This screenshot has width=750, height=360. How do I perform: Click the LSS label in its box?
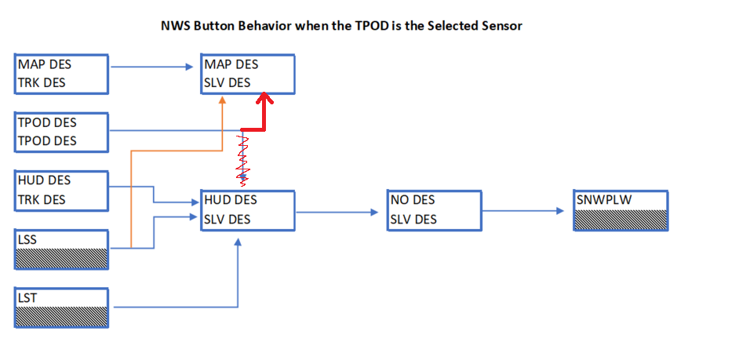pos(27,240)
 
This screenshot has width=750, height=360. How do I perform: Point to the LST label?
pos(27,298)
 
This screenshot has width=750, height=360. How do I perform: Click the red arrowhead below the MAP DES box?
pos(263,99)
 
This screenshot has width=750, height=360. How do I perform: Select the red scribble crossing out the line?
pos(243,160)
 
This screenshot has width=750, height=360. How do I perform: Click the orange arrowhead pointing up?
pos(222,100)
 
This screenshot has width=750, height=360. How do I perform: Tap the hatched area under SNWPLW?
pos(621,220)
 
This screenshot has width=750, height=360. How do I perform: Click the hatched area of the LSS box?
pos(61,259)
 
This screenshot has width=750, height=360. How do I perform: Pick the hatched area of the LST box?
pos(61,317)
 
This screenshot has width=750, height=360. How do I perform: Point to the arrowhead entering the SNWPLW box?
pos(561,211)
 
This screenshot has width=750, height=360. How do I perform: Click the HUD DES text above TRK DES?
pos(44,180)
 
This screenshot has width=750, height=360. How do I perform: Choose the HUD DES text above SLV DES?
pos(231,199)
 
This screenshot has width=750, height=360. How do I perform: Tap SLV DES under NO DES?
pos(413,220)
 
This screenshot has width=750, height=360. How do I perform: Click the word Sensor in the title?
pos(502,26)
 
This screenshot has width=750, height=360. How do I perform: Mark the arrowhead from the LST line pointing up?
pos(238,243)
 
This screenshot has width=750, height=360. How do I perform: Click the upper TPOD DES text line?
pos(47,122)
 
